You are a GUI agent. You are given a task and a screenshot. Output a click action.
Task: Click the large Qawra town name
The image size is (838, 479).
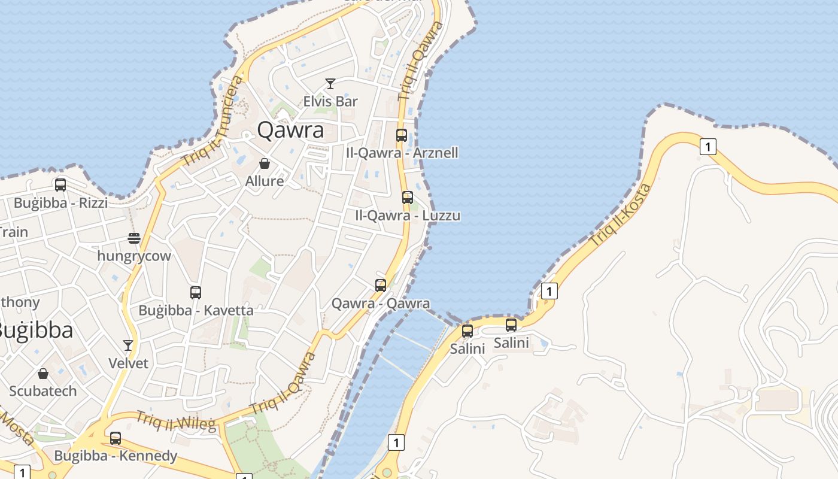[x=290, y=130]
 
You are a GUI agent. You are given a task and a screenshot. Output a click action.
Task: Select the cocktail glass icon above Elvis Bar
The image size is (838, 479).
[x=330, y=84]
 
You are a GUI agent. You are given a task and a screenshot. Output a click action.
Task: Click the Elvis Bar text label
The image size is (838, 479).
[x=330, y=101]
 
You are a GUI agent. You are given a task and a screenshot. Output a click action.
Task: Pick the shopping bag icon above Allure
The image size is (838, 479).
[x=265, y=163]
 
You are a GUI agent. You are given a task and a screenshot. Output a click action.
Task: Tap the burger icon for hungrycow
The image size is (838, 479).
[x=134, y=238]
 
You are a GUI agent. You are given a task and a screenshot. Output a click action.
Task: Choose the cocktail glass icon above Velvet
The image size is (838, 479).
[x=128, y=345]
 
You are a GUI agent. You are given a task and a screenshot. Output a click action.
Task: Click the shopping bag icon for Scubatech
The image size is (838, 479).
[x=43, y=374]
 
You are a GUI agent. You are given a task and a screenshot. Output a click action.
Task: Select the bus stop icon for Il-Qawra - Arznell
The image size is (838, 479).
[x=402, y=135]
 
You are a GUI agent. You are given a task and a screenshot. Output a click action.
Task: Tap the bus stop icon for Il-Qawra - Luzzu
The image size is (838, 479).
[x=408, y=198]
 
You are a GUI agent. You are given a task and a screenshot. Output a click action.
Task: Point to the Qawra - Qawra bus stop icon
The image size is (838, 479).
[x=381, y=286]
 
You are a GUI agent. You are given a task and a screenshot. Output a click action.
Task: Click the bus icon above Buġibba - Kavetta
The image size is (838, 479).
[x=196, y=293]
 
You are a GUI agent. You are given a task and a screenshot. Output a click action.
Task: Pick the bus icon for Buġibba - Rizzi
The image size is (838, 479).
[x=60, y=185]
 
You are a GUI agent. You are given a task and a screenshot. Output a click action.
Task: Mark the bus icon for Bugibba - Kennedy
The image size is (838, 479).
[x=116, y=438]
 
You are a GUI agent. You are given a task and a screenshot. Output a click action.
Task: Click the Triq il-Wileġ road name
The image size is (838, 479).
[x=175, y=421]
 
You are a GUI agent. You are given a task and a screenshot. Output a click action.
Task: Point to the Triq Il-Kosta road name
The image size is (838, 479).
[x=620, y=215]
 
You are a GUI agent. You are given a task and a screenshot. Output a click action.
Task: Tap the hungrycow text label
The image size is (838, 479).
[x=134, y=256]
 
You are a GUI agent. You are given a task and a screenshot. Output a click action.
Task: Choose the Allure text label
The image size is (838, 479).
[x=265, y=181]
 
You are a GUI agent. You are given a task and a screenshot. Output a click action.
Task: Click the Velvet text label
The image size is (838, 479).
[x=128, y=363]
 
